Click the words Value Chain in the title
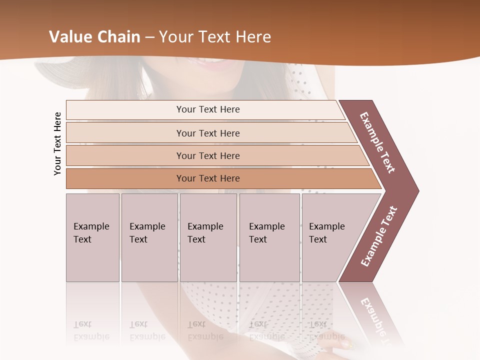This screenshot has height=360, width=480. [94, 37]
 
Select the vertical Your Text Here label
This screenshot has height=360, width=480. [58, 143]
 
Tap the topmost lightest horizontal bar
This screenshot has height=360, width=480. [207, 109]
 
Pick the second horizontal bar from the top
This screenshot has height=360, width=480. [207, 133]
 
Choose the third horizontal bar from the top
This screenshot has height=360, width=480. [207, 155]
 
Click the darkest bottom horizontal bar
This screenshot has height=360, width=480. [207, 178]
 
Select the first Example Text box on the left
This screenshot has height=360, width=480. [92, 237]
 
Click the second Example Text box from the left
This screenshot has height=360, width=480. [149, 237]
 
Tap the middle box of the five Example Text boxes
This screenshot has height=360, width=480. [208, 237]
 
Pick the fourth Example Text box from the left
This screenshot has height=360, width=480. [269, 237]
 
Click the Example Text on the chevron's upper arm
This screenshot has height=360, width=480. [377, 142]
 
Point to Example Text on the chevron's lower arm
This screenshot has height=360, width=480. [379, 236]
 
